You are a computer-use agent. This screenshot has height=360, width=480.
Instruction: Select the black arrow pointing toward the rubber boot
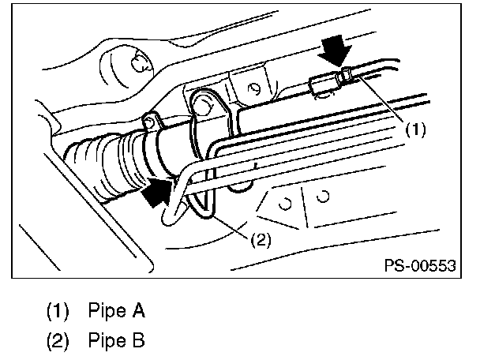157,190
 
